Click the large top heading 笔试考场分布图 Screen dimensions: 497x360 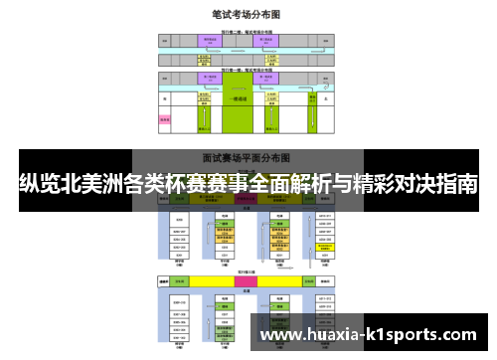pos(246,15)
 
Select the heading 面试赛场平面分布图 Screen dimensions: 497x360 pos(246,156)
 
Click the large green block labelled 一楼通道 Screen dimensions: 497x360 pos(239,99)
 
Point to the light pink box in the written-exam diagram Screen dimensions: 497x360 pos(165,119)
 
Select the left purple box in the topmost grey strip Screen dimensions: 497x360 pos(209,39)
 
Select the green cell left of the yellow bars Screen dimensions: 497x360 pos(165,282)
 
